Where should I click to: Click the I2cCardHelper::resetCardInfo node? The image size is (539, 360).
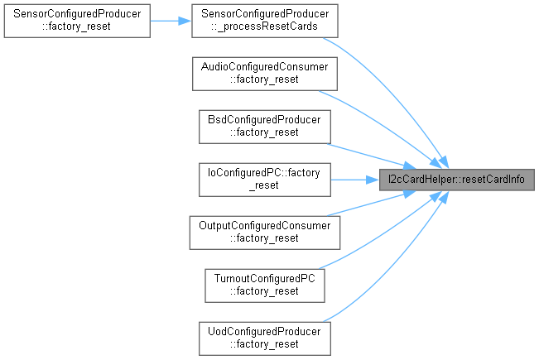point(452,179)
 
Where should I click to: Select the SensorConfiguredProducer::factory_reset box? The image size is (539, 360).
point(76,19)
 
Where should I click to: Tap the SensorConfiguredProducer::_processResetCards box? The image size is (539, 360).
point(265,19)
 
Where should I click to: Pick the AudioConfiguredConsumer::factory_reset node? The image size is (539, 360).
point(265,73)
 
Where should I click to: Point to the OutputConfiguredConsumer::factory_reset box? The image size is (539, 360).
point(265,232)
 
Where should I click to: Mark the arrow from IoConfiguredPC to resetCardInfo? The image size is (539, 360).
point(354,179)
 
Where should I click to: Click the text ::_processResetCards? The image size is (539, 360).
point(265,26)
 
